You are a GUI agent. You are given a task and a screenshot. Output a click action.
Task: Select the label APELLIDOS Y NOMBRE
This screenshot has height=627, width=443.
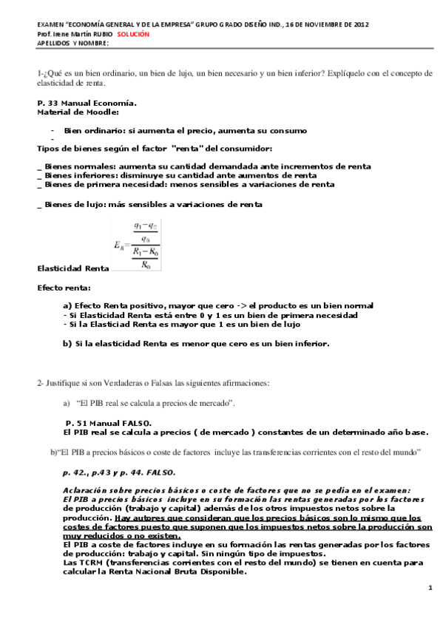72,43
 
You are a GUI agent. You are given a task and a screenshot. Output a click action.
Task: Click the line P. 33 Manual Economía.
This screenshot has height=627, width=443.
87,103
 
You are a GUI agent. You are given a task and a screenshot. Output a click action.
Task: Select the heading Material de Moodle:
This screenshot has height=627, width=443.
78,112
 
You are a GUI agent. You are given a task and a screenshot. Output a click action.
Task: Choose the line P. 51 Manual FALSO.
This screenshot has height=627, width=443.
108,422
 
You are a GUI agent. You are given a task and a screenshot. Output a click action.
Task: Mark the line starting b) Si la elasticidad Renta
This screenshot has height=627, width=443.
196,343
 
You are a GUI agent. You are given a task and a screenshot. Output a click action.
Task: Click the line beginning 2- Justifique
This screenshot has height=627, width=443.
153,382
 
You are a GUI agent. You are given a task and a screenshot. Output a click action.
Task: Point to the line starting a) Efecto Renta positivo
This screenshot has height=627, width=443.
218,305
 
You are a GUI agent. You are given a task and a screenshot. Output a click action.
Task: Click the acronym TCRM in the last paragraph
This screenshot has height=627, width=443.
82,562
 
